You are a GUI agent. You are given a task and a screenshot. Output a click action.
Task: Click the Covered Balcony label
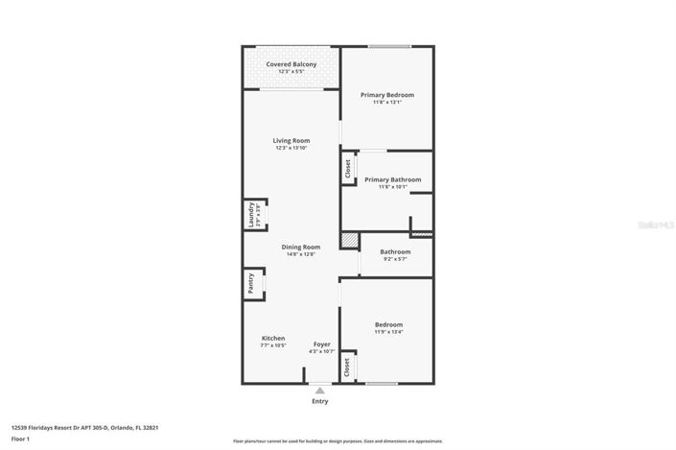click(291, 64)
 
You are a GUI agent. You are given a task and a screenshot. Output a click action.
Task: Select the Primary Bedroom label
click(387, 95)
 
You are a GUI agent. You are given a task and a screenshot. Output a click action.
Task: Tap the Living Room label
click(291, 141)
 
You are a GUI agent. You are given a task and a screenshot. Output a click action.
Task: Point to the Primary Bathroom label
click(392, 179)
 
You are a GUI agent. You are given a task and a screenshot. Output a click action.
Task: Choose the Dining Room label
click(300, 248)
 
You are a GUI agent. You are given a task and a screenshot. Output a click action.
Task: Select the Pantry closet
click(252, 283)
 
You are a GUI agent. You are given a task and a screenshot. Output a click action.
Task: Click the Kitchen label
click(273, 339)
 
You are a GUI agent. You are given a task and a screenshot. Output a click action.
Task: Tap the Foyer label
click(321, 344)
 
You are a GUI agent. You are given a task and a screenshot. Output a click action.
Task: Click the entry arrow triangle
click(320, 390)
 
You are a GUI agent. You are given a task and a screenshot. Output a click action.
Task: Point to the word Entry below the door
click(320, 401)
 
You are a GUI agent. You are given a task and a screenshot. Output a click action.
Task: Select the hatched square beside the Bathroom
click(349, 240)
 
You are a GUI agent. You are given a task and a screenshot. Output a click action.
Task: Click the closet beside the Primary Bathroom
click(347, 169)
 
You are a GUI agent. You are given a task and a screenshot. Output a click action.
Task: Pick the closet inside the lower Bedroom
click(347, 367)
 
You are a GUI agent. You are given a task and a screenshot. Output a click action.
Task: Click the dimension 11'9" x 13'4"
click(388, 332)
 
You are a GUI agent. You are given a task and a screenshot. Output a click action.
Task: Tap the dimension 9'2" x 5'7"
click(395, 259)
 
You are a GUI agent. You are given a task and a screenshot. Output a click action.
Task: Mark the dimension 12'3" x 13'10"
click(291, 149)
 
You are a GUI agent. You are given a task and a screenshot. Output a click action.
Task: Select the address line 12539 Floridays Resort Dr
click(84, 428)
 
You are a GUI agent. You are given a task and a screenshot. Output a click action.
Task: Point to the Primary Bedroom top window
click(389, 46)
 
